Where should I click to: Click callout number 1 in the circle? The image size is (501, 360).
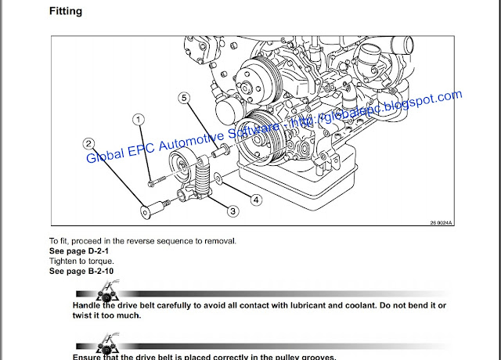point(138,120)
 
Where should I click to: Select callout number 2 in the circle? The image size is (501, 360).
point(90,143)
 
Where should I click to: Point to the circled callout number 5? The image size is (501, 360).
point(184,98)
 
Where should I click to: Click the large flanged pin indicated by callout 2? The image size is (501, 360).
point(151,210)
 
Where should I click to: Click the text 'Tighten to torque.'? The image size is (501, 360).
point(81,261)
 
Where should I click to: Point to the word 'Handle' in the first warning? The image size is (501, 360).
point(88,306)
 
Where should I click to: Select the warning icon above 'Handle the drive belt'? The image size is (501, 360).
point(106,294)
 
